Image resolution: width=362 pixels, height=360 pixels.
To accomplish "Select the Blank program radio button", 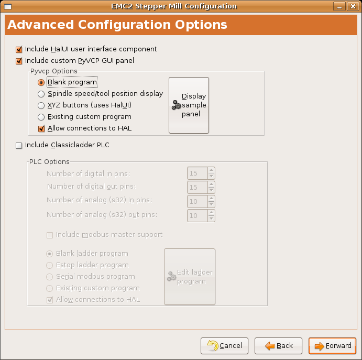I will coord(41,82).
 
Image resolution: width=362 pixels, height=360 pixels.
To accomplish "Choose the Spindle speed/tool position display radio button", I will coord(41,94).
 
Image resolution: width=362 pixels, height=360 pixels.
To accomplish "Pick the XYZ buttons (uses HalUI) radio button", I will coord(41,105).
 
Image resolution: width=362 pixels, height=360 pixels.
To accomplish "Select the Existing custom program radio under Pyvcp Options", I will coord(41,117).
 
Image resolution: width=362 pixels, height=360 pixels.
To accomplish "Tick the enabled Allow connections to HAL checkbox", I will coord(41,128).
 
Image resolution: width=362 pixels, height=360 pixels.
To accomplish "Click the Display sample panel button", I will coord(189,105).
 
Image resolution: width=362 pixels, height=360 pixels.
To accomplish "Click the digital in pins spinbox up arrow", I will coord(211,170).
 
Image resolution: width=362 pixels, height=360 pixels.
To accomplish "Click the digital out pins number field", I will coord(197,187).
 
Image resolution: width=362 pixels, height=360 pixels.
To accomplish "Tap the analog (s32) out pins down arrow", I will coord(211,219).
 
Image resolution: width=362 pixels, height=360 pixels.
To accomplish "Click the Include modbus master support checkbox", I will coord(50,235).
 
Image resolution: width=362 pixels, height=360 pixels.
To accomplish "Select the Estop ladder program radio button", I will coord(50,265).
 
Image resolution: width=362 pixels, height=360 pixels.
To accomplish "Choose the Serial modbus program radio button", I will coord(50,277).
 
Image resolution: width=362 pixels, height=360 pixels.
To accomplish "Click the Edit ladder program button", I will coord(190,277).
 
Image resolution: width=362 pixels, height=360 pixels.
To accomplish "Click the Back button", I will coord(278,346).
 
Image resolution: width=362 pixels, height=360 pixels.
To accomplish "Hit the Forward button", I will coord(333,346).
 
